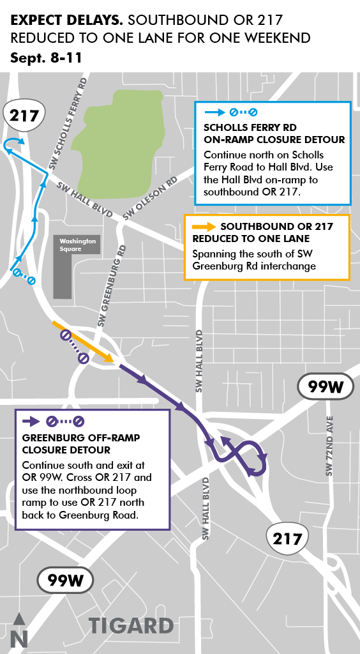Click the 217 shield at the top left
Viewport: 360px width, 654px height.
click(25, 116)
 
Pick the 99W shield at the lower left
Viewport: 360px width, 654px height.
click(66, 581)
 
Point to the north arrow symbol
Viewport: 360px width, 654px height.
click(19, 630)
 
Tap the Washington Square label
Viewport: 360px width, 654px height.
click(77, 245)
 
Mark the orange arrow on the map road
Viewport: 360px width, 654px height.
click(82, 342)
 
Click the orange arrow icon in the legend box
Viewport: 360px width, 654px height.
click(203, 227)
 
